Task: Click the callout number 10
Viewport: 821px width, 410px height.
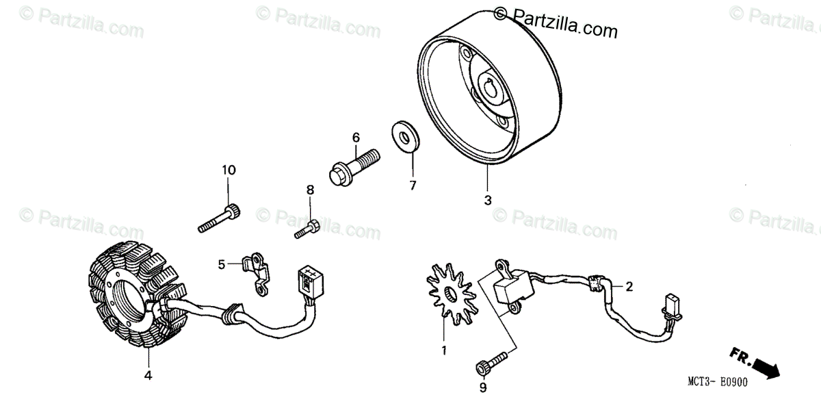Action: point(228,170)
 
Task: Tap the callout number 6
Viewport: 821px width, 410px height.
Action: point(356,138)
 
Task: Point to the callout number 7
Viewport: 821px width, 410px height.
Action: point(412,185)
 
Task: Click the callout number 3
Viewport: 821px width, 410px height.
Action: point(488,200)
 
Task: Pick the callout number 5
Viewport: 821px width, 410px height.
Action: point(222,264)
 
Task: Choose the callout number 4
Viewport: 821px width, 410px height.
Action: point(148,375)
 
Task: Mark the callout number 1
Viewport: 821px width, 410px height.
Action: point(443,351)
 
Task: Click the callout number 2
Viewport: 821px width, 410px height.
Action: point(629,288)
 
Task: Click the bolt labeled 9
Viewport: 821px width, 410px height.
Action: point(491,362)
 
